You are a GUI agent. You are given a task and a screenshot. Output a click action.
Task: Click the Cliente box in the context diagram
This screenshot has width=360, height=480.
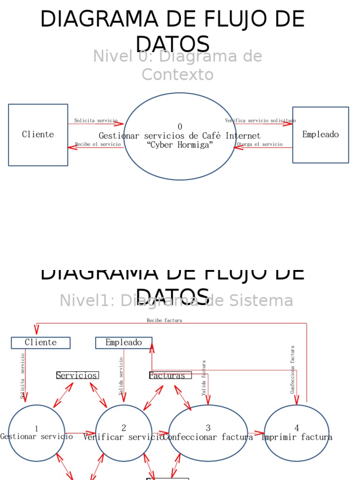pyautogui.click(x=38, y=135)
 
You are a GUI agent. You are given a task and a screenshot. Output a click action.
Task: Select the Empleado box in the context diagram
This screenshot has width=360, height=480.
pyautogui.click(x=321, y=135)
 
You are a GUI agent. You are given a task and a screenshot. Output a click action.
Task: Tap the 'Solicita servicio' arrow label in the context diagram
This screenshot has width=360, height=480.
pyautogui.click(x=96, y=120)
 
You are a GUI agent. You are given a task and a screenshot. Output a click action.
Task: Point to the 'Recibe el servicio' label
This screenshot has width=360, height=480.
pyautogui.click(x=97, y=144)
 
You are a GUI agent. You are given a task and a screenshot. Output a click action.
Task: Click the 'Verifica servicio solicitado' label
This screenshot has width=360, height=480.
pyautogui.click(x=260, y=120)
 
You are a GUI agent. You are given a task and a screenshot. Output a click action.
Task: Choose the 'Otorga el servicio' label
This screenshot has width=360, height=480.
pyautogui.click(x=260, y=144)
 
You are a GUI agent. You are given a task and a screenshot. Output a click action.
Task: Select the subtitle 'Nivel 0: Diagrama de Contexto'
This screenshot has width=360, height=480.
pyautogui.click(x=177, y=65)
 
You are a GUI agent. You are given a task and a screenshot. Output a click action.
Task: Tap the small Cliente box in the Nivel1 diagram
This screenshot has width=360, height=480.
pyautogui.click(x=41, y=343)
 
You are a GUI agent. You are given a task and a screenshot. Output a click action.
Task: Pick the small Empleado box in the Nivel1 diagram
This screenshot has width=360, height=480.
pyautogui.click(x=124, y=343)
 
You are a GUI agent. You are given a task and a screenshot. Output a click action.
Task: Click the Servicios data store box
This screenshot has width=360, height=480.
pyautogui.click(x=77, y=375)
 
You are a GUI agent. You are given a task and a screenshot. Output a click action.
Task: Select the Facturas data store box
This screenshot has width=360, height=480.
pyautogui.click(x=167, y=375)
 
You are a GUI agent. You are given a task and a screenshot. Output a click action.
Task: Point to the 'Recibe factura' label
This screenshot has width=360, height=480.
pyautogui.click(x=164, y=320)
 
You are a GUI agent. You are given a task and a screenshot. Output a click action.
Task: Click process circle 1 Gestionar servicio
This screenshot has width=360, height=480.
pyautogui.click(x=37, y=433)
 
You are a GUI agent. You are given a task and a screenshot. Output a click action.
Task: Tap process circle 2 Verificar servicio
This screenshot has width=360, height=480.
pyautogui.click(x=124, y=433)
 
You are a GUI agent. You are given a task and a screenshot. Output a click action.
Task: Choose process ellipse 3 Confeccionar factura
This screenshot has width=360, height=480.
pyautogui.click(x=208, y=433)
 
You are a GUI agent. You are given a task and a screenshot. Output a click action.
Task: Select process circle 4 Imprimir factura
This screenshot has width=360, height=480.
pyautogui.click(x=296, y=433)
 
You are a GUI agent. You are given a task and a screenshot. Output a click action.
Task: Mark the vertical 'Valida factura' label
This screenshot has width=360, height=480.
pyautogui.click(x=204, y=377)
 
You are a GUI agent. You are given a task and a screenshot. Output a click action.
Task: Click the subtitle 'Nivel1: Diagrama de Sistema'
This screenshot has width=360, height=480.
pyautogui.click(x=176, y=300)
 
